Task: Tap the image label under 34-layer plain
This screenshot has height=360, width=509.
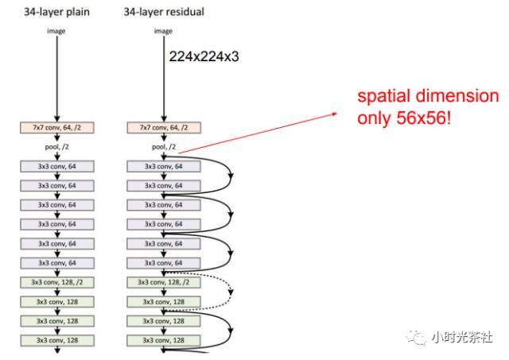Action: pos(56,30)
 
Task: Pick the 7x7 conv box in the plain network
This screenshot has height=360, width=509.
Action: pos(56,127)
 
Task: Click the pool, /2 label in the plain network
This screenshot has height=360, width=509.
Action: pos(56,147)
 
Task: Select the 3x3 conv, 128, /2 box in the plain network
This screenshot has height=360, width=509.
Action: pos(56,282)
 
